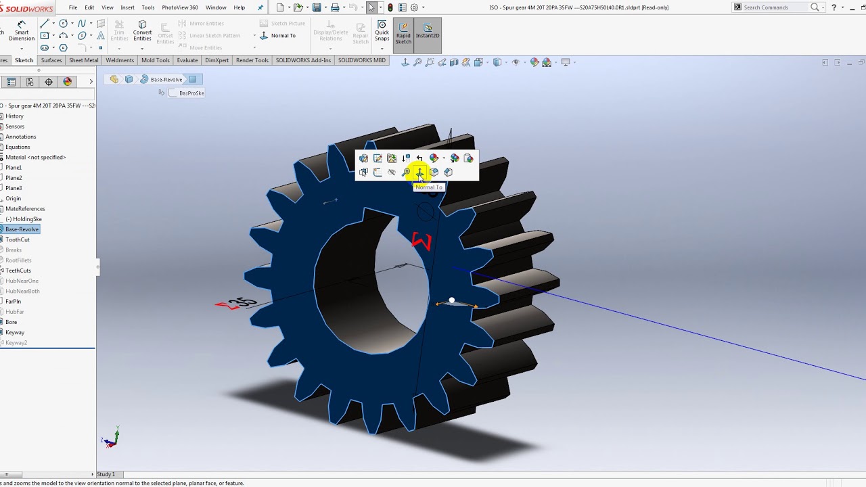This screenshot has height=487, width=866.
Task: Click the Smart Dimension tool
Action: pos(21,30)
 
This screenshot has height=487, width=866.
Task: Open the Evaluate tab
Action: pos(187,60)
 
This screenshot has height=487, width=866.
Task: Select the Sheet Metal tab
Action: pos(84,60)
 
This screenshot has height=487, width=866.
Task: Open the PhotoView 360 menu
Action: pos(180,7)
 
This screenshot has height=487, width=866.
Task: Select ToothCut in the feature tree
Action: pos(18,239)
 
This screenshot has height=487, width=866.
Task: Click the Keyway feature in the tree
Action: pos(15,332)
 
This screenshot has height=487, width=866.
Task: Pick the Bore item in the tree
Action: pos(12,322)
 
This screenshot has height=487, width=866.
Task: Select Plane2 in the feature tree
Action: pos(14,178)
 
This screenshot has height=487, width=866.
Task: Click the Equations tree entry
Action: pos(18,147)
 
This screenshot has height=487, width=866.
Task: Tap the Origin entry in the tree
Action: pos(14,199)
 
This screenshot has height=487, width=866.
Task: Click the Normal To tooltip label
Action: pos(429,187)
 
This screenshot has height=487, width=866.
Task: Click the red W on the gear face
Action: pos(422,241)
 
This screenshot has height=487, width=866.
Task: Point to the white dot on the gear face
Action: pos(452,300)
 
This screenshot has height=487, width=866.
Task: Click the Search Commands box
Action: pos(775,7)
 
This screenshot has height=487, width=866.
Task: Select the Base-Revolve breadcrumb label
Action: pos(166,79)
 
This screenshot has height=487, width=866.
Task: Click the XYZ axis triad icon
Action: pos(111,438)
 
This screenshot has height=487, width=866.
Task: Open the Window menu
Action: pos(216,7)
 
